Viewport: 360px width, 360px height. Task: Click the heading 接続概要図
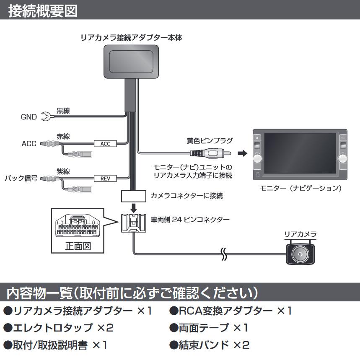point(43,10)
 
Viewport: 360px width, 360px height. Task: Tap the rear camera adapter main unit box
point(131,62)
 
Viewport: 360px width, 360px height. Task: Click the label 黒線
point(63,111)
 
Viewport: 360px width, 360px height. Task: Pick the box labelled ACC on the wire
point(105,144)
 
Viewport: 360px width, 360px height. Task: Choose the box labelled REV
point(105,178)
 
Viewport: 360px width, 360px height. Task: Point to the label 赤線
point(63,137)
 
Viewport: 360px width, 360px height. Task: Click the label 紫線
point(63,171)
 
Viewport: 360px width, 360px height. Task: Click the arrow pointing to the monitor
point(242,153)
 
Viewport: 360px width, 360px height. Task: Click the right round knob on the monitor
point(343,158)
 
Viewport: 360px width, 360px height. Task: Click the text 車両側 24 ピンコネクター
point(190,219)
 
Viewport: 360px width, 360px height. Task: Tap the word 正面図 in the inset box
point(78,246)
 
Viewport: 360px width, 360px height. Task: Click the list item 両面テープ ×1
point(209,328)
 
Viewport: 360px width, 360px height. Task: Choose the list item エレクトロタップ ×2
point(58,328)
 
